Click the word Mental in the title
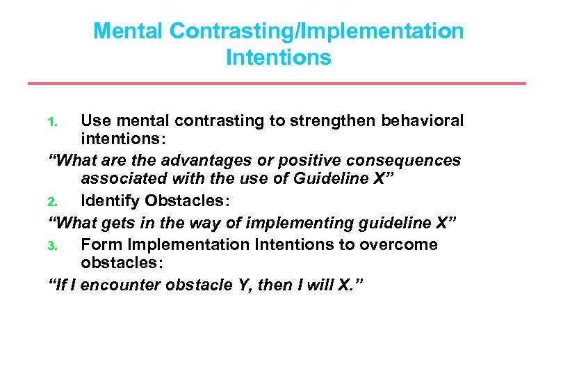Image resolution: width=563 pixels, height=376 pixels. click(129, 31)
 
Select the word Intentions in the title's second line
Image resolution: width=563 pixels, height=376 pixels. click(278, 57)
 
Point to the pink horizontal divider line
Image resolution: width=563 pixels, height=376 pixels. click(277, 84)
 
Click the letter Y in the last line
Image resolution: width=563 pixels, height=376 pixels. click(240, 285)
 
